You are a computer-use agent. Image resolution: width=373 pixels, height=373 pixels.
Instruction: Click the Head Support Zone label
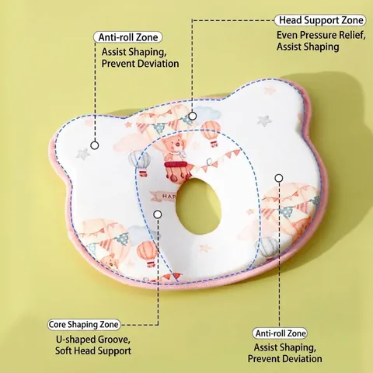320,20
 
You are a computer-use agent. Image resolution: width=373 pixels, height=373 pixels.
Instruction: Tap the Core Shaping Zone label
84,325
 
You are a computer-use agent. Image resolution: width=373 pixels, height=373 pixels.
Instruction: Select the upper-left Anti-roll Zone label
128,37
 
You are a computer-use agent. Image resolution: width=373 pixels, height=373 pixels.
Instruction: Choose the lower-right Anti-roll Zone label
281,333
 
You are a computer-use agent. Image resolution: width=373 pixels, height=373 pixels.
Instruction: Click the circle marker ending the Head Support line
193,116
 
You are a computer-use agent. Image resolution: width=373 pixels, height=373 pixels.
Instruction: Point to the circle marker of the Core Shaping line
158,214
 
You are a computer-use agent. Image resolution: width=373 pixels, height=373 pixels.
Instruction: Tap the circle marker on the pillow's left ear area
95,145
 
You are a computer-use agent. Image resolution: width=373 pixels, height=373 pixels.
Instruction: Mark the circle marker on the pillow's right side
279,178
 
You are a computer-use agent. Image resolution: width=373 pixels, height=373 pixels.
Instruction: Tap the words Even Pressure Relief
321,35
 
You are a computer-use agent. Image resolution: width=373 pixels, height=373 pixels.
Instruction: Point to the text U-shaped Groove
93,340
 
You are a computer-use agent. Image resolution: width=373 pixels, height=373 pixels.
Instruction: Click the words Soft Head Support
93,351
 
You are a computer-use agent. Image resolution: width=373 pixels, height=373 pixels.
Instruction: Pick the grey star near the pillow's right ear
264,120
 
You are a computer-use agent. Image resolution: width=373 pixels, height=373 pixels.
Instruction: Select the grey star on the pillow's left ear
83,154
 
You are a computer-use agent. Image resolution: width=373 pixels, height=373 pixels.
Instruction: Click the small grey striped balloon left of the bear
140,162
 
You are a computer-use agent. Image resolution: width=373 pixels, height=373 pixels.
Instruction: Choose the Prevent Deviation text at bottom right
284,359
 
